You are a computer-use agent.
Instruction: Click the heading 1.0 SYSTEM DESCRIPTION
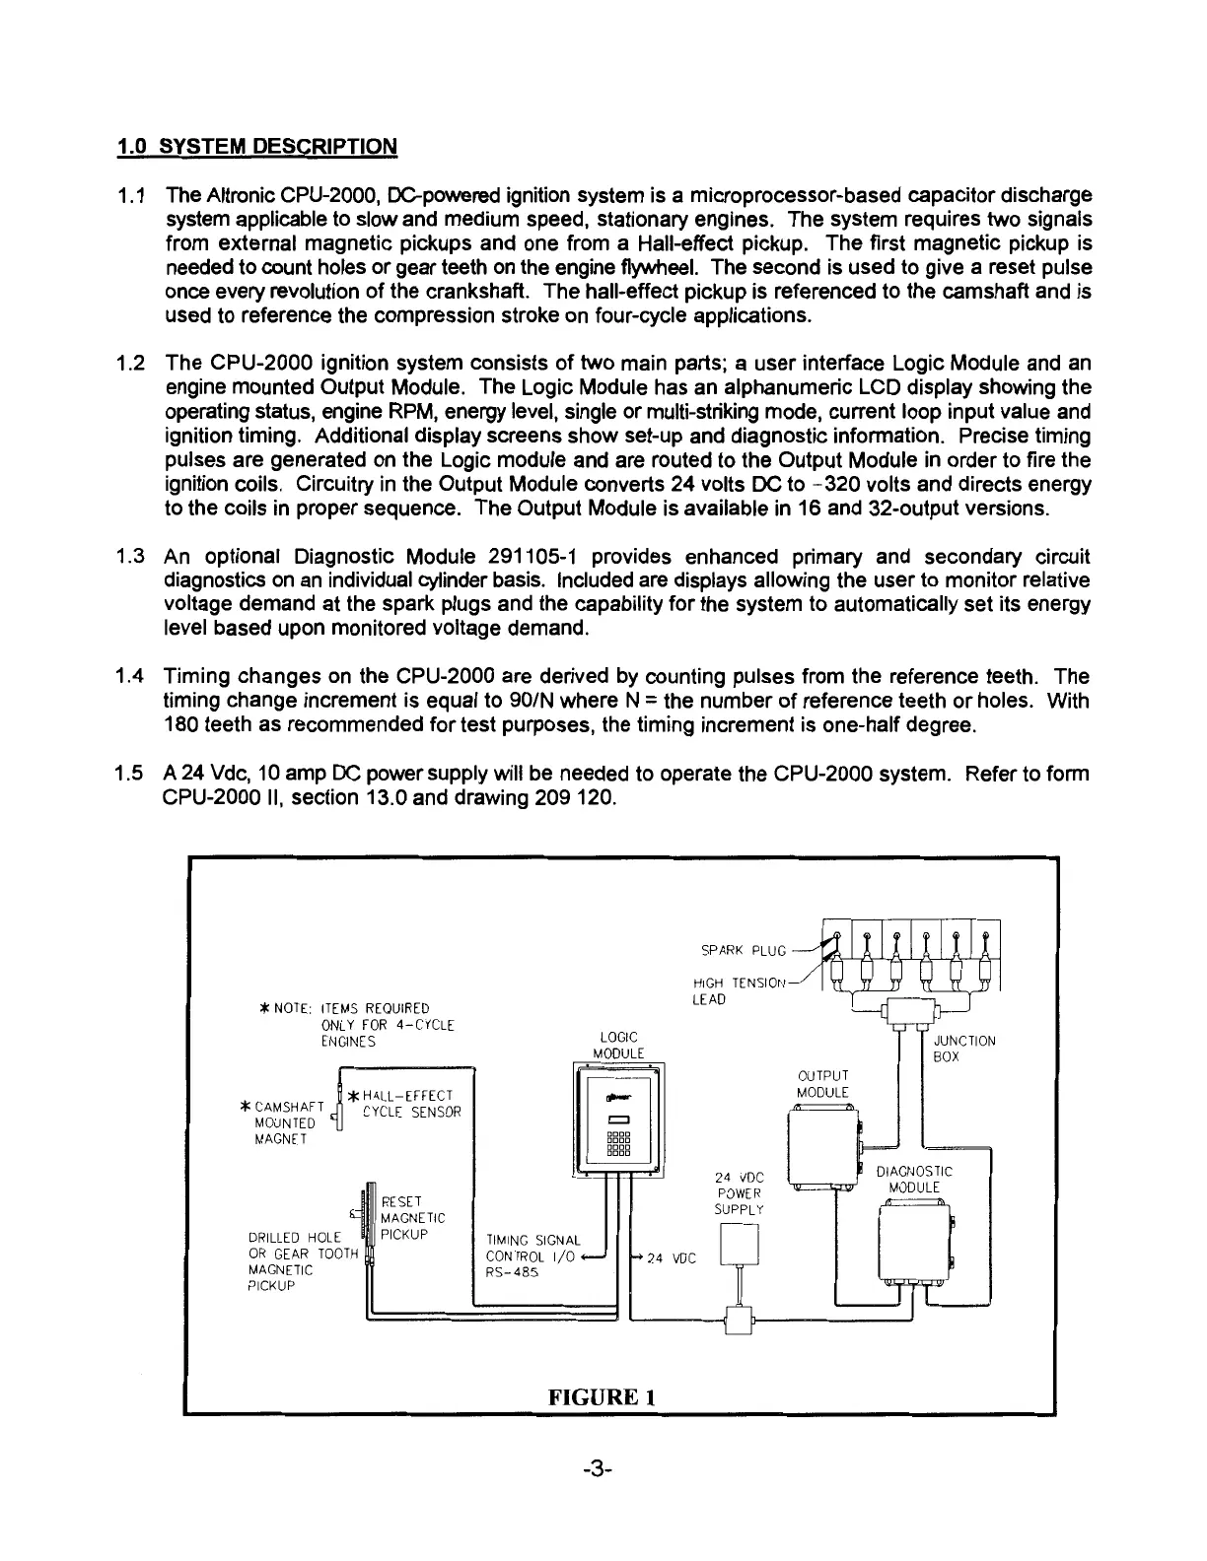256,147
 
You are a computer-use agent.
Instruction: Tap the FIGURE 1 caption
603,1396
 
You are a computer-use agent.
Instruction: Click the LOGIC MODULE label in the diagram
618,1045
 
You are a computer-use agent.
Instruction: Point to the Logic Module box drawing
618,1121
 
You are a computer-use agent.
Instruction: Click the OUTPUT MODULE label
822,1083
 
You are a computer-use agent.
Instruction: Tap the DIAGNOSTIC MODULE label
914,1179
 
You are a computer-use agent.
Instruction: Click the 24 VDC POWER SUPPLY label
739,1192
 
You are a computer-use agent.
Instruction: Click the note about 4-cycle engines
350,1024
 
